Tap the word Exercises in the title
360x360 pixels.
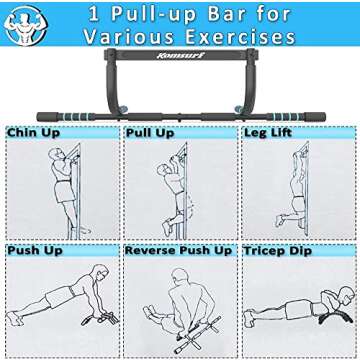[x=240, y=38]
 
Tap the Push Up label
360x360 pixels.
[x=34, y=249]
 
